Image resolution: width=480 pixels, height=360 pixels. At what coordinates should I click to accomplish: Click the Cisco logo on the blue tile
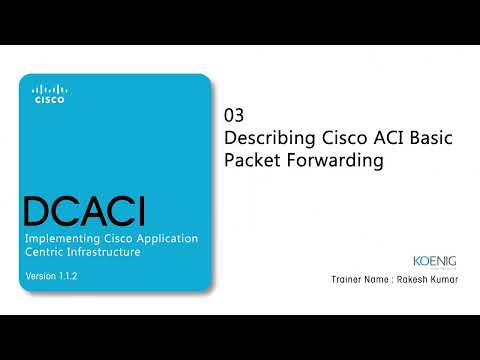coord(49,94)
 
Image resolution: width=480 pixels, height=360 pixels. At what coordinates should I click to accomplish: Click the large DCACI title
coord(84,212)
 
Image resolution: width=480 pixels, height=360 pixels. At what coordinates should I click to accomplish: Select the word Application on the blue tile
coord(167,239)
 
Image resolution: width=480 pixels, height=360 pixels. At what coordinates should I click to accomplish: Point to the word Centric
coord(46,253)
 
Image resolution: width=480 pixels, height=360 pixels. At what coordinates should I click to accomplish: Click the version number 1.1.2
coord(69,275)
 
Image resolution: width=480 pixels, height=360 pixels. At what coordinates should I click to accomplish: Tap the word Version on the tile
coord(38,275)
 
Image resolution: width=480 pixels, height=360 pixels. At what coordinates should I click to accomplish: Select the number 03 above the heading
coord(234,115)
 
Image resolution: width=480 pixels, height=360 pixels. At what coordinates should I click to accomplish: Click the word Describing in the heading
coord(270,138)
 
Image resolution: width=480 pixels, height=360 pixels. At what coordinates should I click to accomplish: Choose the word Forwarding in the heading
coord(335,161)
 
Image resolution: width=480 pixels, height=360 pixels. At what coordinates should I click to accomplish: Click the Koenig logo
coord(434,258)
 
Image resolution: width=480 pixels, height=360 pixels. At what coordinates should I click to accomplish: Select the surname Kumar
coord(445,281)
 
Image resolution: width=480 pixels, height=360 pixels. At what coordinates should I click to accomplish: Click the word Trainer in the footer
coord(346,281)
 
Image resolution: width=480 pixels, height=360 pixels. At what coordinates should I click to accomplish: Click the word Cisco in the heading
coord(342,138)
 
